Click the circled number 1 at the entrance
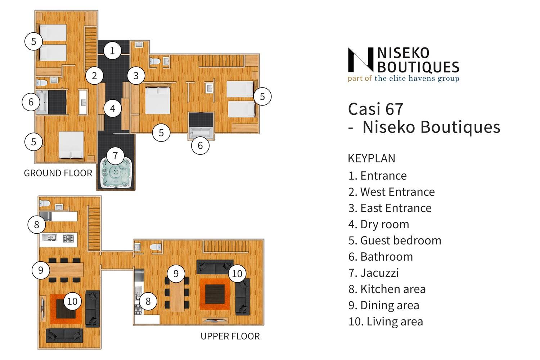(x=112, y=51)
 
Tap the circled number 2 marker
(x=94, y=76)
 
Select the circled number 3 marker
(x=136, y=76)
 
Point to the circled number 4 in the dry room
(x=113, y=108)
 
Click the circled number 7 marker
(x=115, y=156)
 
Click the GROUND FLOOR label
(x=58, y=173)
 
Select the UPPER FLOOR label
(x=230, y=336)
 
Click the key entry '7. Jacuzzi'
(x=373, y=273)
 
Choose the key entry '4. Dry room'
(x=379, y=224)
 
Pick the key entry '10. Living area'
(x=386, y=321)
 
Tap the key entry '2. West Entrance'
(x=392, y=192)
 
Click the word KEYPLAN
(x=372, y=158)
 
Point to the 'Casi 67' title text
(x=375, y=109)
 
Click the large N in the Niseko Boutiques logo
(x=361, y=60)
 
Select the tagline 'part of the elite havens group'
(x=404, y=78)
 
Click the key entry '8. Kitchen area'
(x=387, y=289)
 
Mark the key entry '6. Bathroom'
(x=381, y=257)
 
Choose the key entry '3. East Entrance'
(x=390, y=208)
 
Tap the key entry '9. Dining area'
(x=384, y=305)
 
